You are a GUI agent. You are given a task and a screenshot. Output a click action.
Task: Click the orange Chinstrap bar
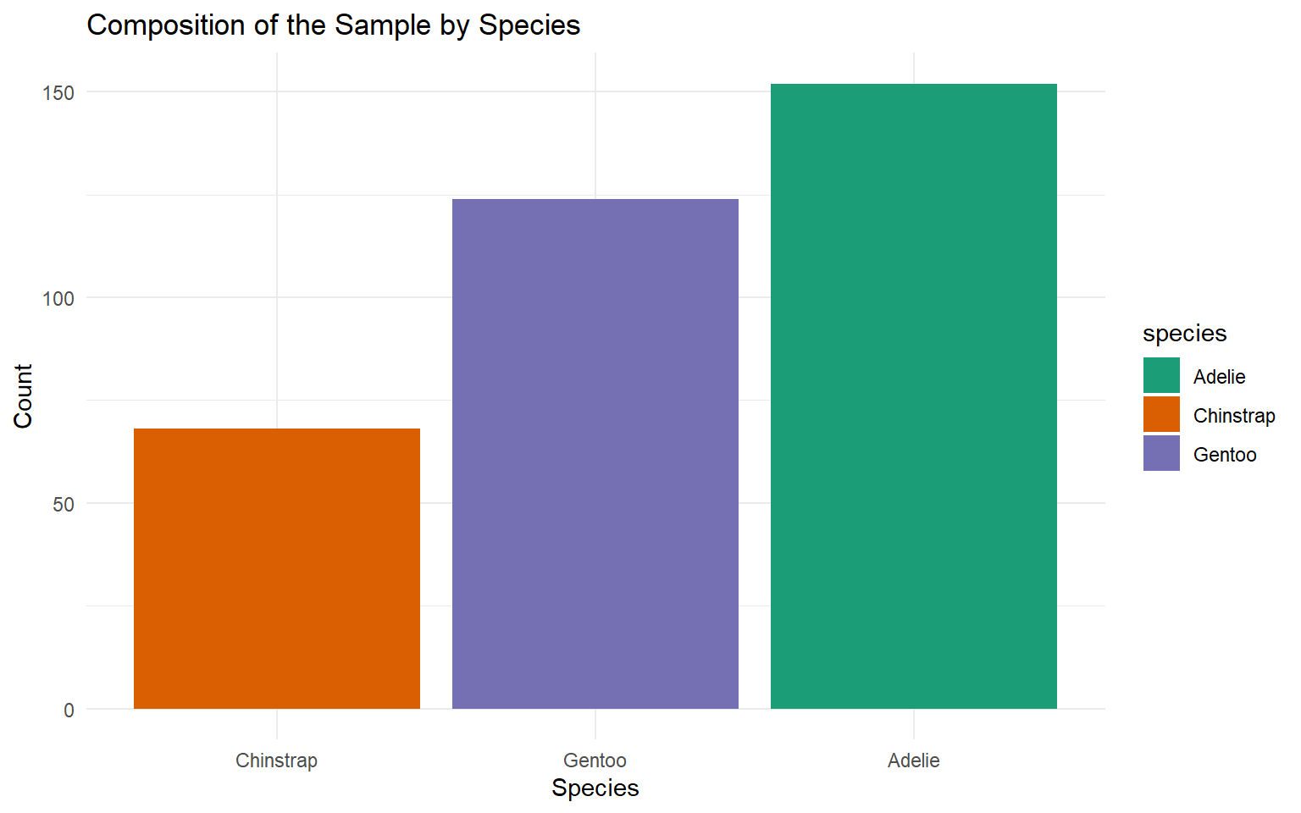pos(277,568)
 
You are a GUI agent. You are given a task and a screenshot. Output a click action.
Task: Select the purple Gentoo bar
pos(595,454)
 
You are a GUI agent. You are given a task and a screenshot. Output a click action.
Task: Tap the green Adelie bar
pos(914,396)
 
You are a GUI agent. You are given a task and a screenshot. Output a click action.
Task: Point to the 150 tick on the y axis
pos(58,93)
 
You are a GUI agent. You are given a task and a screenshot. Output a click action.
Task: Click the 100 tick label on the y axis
pos(58,299)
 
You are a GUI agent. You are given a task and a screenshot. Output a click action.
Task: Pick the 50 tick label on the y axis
pos(64,505)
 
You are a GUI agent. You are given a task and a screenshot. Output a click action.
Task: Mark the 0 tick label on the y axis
pos(69,711)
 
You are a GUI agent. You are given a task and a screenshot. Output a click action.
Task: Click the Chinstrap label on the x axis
pos(277,760)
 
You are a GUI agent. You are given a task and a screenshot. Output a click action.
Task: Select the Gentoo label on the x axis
pos(595,760)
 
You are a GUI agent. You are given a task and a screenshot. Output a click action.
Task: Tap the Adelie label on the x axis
pos(914,760)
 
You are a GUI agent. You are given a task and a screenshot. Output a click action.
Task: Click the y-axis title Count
pos(23,396)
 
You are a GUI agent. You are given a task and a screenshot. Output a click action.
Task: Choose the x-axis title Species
pos(595,788)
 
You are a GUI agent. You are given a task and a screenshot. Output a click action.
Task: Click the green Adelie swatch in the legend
pos(1161,376)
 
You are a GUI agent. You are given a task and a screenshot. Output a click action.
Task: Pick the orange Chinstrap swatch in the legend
pos(1161,415)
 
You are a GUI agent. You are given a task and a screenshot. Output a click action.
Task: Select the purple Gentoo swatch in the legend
pos(1161,454)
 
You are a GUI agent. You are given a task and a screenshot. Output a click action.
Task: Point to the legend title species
pos(1185,334)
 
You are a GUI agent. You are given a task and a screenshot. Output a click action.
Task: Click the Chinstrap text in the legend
pos(1234,416)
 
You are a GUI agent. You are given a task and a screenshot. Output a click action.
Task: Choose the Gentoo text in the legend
pos(1225,455)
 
